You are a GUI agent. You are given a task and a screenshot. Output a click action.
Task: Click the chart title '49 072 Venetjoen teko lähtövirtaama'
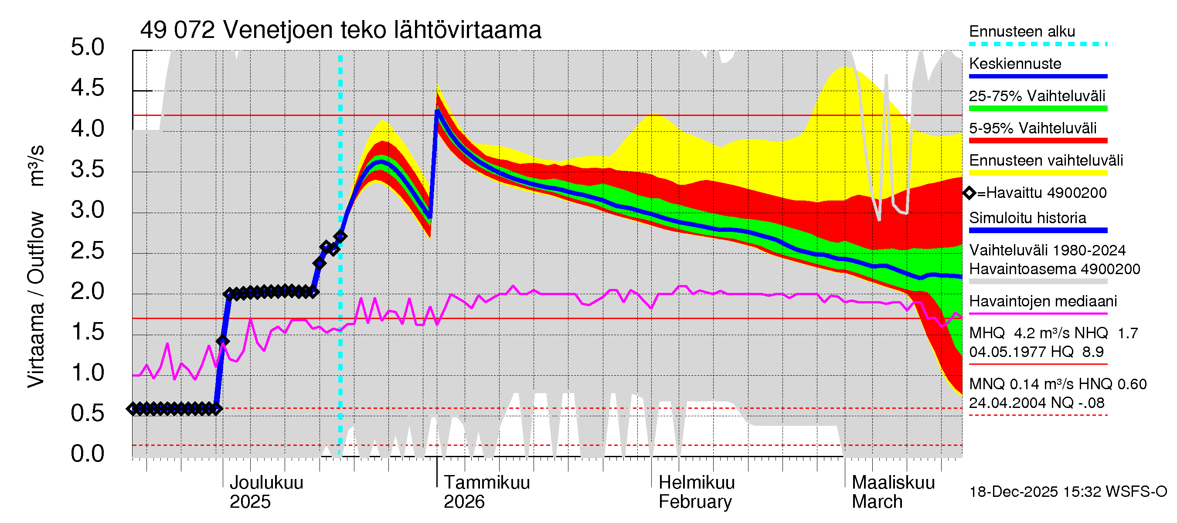coord(340,30)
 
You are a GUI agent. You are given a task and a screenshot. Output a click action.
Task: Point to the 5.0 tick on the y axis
coord(88,47)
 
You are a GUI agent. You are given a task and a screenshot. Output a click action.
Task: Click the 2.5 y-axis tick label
coord(88,250)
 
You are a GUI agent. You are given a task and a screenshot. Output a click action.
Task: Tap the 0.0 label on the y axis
coord(88,454)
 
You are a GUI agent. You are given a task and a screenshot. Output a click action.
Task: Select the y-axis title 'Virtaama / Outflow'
coord(36,299)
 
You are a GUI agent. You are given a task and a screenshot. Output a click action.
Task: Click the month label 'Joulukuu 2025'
coord(266,492)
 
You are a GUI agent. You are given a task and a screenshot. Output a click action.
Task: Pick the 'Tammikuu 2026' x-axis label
coord(486,492)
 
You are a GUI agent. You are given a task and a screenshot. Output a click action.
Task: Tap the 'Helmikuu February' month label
coord(696,492)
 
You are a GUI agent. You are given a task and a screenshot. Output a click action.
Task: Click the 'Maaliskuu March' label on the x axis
coord(893,492)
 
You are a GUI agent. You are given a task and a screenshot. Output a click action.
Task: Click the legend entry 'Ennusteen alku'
coord(1022,31)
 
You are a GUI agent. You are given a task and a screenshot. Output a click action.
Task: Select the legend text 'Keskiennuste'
coord(1015,64)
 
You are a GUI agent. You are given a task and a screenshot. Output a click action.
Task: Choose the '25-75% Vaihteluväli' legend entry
coord(1037,96)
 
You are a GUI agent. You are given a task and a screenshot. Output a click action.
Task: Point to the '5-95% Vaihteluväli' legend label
coord(1032,128)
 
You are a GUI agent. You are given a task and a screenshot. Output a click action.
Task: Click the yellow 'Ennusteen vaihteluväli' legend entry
coord(1045,160)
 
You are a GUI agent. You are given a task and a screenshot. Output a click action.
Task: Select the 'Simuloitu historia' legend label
coord(1027,218)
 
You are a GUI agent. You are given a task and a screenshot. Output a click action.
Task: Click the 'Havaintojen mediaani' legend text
coord(1043,301)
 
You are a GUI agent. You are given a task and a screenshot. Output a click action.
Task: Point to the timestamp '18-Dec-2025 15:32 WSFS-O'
coord(1068,492)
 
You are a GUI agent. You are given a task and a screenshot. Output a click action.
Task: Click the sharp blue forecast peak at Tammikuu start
coord(437,111)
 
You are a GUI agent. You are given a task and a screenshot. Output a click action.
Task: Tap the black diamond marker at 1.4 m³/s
coord(222,341)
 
